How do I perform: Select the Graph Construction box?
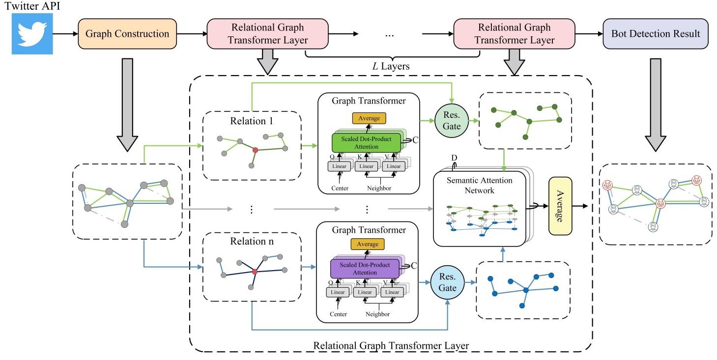click(127, 34)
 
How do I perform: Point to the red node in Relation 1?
click(255, 149)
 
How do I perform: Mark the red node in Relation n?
click(255, 271)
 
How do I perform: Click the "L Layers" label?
click(391, 66)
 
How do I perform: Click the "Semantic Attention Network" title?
click(479, 185)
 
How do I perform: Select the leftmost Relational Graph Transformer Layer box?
click(267, 33)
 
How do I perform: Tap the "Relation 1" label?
click(251, 121)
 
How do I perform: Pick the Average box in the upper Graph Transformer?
click(369, 118)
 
